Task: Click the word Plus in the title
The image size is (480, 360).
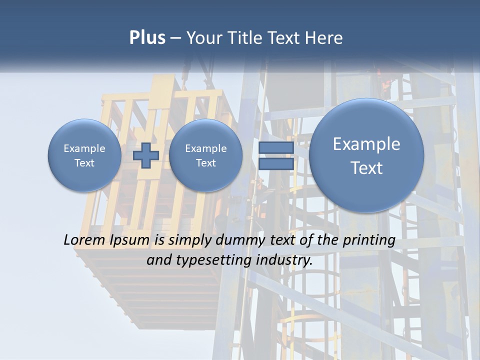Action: [x=147, y=38]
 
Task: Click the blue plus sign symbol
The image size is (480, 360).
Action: [x=145, y=155]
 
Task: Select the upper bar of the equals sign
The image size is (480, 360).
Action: [x=276, y=148]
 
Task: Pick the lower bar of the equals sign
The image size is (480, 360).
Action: [x=276, y=163]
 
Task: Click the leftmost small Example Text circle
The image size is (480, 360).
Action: [x=84, y=155]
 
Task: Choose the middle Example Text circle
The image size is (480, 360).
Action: [x=205, y=155]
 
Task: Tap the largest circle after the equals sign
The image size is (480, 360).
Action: [x=366, y=155]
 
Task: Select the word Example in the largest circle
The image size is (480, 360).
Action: [x=366, y=144]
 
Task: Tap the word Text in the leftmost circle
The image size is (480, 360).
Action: [x=84, y=163]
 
